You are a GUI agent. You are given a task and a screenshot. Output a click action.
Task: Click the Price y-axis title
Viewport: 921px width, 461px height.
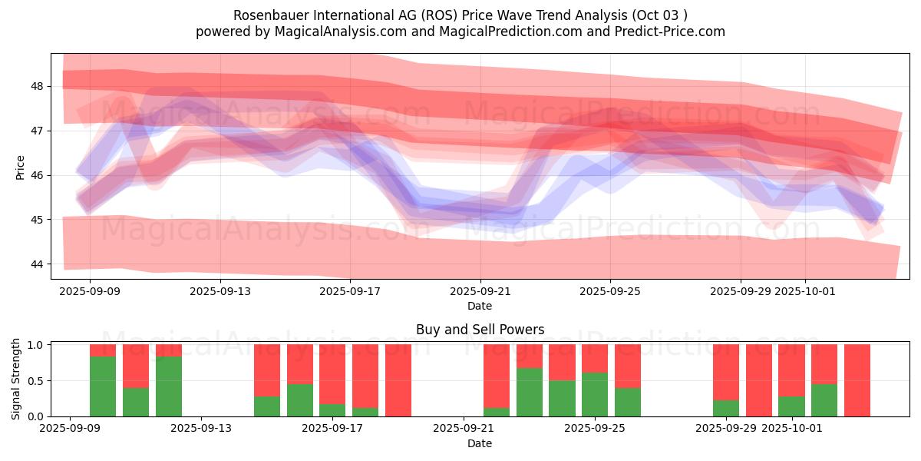click(x=20, y=167)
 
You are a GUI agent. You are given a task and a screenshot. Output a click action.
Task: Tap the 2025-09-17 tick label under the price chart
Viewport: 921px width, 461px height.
click(x=350, y=292)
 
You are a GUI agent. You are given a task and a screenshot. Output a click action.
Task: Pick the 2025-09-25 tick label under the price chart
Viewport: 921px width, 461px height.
click(x=610, y=292)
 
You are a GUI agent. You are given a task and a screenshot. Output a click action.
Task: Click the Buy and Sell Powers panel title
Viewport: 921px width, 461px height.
click(x=480, y=330)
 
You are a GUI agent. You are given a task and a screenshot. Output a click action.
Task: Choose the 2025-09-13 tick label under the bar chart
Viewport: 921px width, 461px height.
click(x=201, y=429)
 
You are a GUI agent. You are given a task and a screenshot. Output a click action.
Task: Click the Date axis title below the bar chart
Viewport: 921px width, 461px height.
click(x=480, y=443)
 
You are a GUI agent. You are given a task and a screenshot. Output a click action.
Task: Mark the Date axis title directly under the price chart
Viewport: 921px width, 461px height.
click(x=480, y=306)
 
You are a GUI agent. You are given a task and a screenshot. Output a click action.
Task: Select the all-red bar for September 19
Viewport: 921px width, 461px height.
click(x=398, y=380)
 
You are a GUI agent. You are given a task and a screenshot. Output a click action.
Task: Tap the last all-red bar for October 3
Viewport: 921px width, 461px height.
click(x=857, y=380)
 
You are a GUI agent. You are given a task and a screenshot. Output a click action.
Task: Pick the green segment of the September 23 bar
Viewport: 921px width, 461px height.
click(x=530, y=393)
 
